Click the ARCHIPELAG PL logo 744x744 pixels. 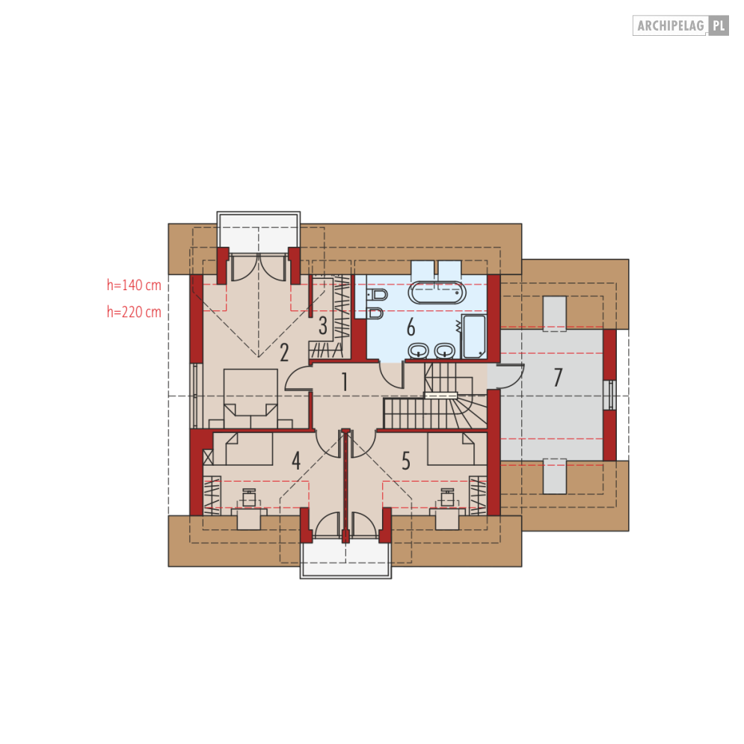coord(680,25)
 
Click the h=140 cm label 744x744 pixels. coord(134,285)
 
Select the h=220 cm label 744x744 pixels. coord(134,313)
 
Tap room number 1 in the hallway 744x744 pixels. coord(345,381)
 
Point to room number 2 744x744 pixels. coord(283,352)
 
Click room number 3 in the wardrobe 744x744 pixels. coord(323,325)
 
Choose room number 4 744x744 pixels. coord(296,461)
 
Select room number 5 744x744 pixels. coord(406,461)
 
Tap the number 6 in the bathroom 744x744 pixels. coord(411,327)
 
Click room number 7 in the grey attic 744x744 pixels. coord(558,377)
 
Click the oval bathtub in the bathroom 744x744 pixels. coord(437,293)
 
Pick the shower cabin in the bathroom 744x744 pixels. coord(474,336)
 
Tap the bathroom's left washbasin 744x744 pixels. coord(419,351)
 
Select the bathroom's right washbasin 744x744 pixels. coord(445,351)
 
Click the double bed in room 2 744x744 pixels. coord(250,399)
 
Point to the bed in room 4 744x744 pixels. coord(249,449)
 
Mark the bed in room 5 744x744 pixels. coord(451,449)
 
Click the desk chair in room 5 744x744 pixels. coord(447,497)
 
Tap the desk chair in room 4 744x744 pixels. coord(249,497)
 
